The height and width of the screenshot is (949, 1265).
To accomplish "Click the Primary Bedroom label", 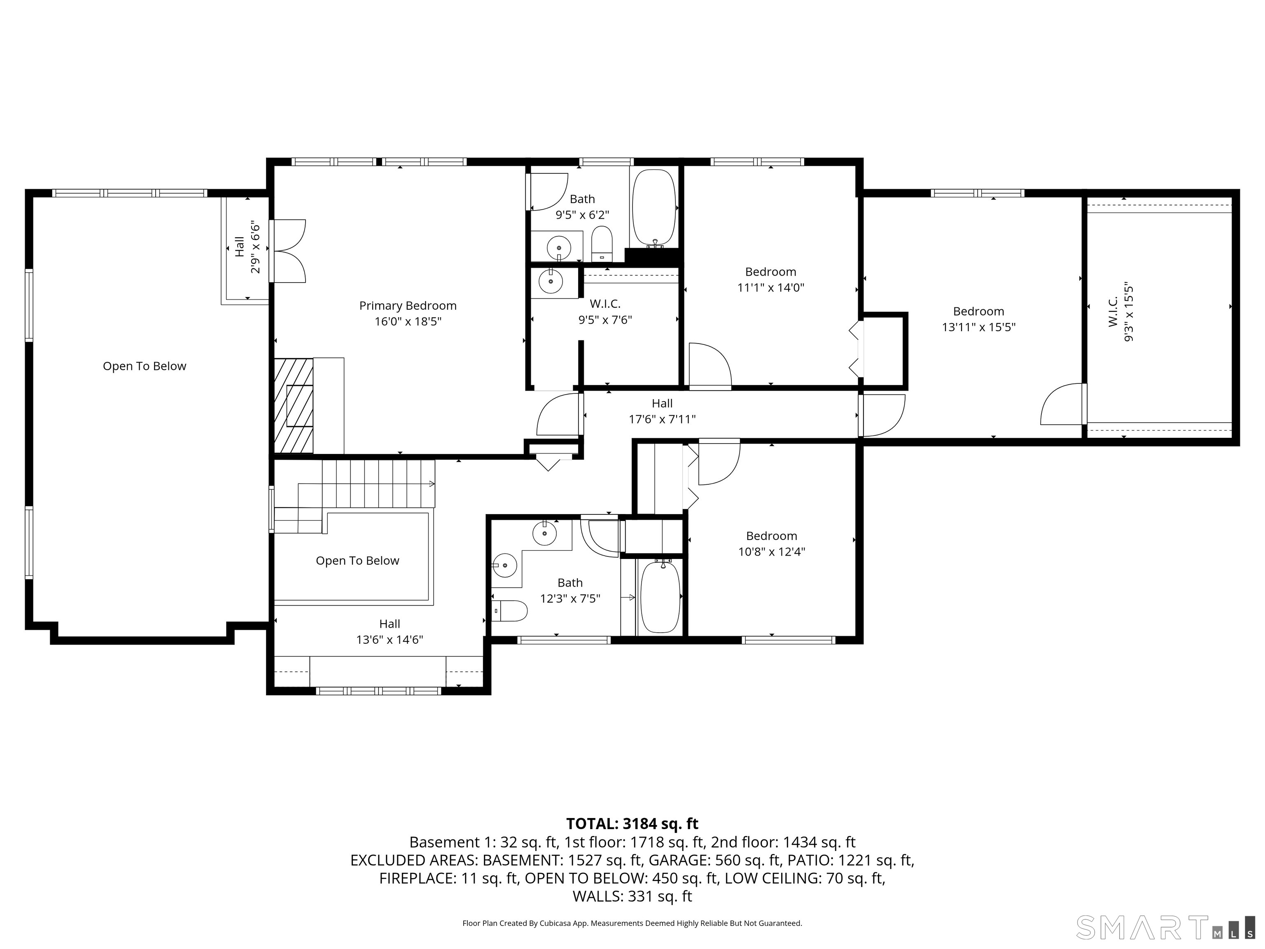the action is (408, 306).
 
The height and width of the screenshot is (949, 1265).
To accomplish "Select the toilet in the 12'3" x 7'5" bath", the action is (509, 611).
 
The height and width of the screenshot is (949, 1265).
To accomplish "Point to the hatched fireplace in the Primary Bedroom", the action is (293, 406).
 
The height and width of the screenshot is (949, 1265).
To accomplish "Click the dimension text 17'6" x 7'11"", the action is (662, 419).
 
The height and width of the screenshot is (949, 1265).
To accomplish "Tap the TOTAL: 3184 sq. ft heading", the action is (632, 824).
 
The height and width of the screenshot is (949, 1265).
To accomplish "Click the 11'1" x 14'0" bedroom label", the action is (771, 280).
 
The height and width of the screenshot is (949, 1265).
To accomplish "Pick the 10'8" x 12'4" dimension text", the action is (771, 552).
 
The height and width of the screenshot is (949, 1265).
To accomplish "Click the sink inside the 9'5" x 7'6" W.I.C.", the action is (551, 281).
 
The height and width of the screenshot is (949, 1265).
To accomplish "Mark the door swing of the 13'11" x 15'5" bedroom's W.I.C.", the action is (1062, 404).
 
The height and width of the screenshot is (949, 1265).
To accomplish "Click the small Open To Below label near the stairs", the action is (357, 561).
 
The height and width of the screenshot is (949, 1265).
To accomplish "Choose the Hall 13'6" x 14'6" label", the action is (390, 631).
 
